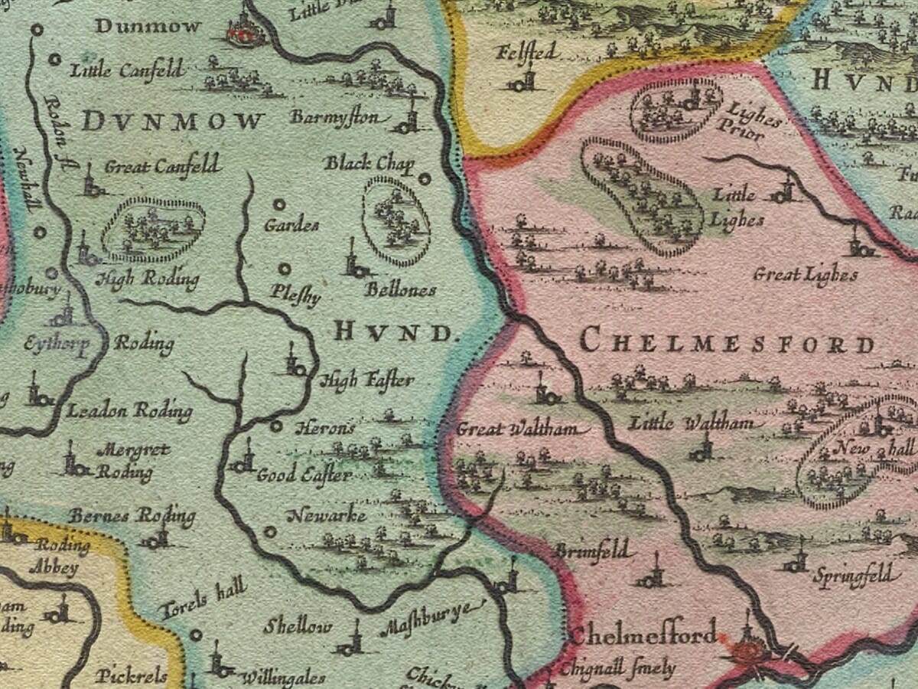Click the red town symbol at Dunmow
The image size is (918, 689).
246,31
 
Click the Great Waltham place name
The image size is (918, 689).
522,429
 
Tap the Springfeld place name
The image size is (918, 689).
853,575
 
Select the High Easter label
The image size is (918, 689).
366,380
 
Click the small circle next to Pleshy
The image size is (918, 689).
284,269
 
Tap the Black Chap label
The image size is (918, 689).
369,164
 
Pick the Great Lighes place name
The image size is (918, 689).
805,275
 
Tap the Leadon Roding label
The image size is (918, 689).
129,411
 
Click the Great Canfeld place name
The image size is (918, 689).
162,166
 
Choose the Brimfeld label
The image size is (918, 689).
592,550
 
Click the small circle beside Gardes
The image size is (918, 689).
279,204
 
